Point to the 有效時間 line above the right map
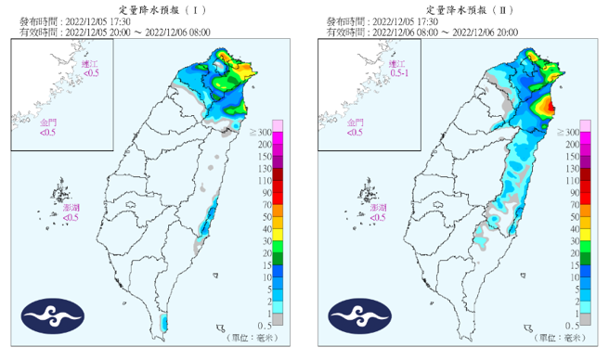(x=422, y=32)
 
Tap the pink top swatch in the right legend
(x=586, y=125)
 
